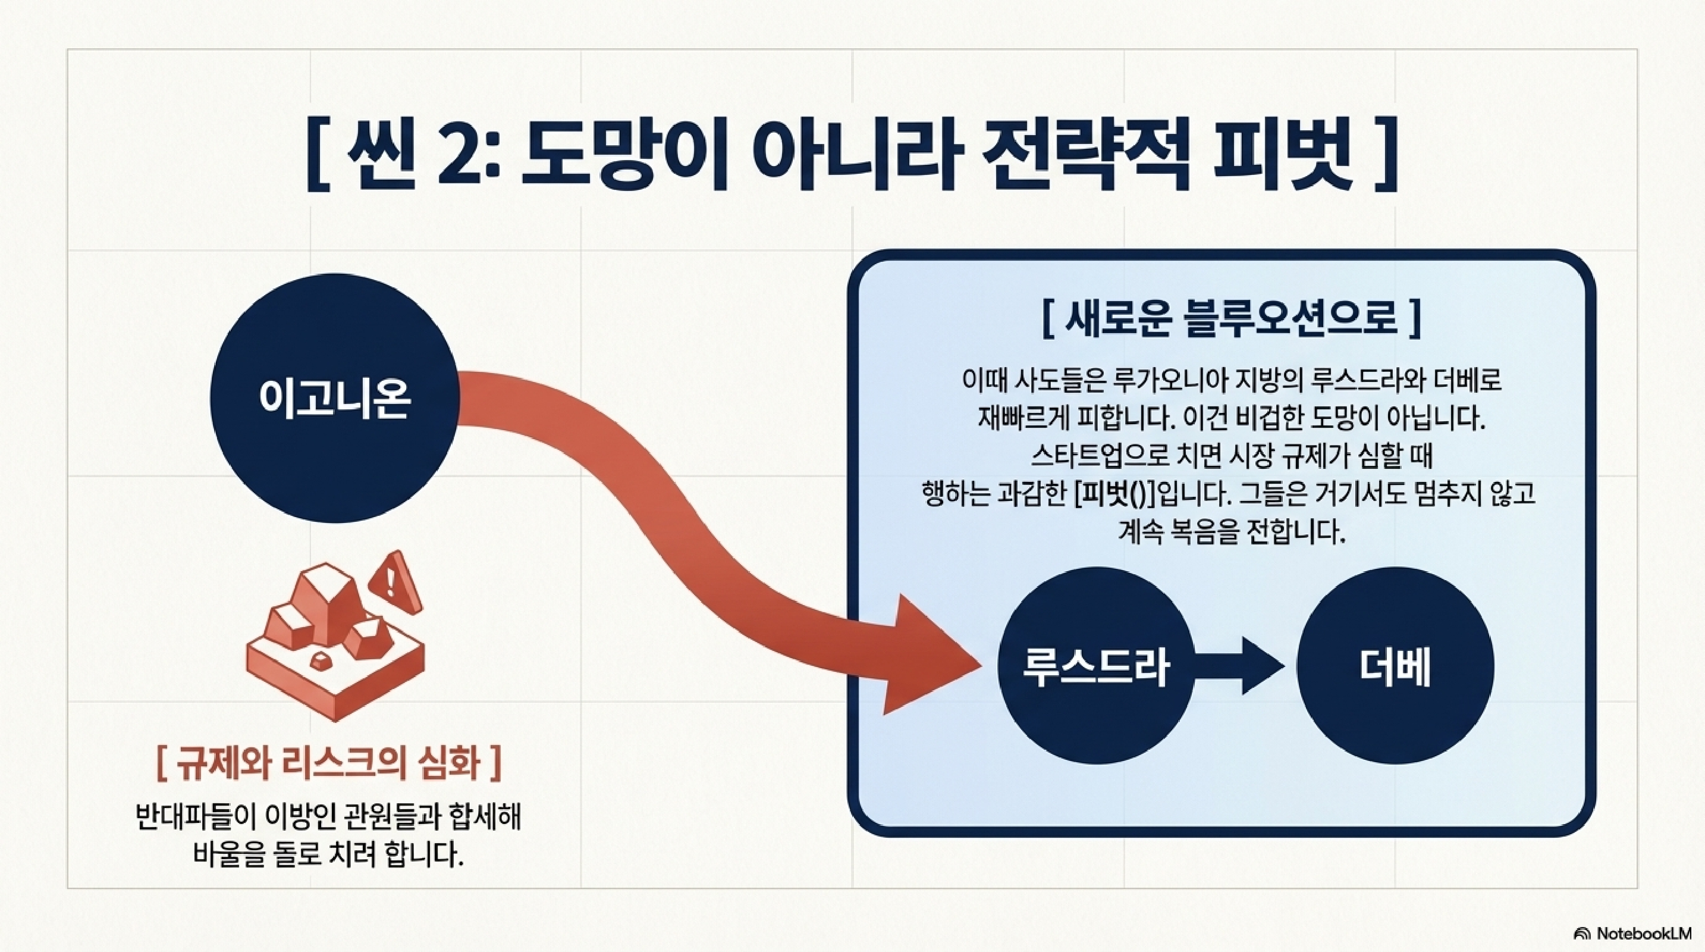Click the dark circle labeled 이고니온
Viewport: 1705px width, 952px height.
click(334, 398)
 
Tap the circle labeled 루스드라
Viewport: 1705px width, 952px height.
click(1096, 666)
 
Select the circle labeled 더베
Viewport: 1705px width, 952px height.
click(1395, 666)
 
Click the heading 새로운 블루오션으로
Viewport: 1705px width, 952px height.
click(1231, 319)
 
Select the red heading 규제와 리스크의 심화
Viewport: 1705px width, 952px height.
click(329, 763)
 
